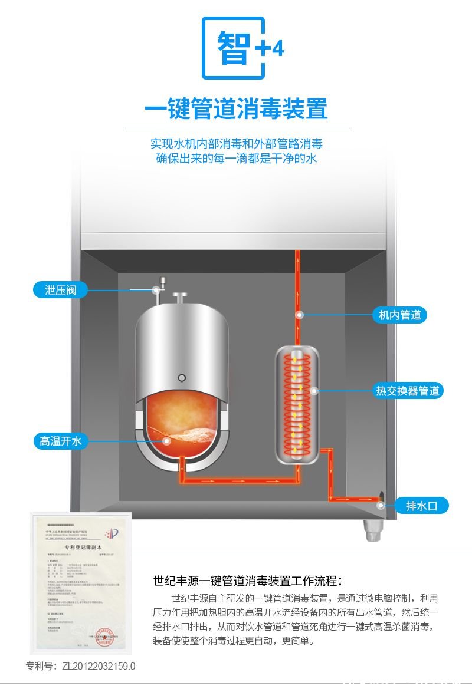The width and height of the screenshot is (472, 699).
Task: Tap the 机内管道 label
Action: (x=399, y=315)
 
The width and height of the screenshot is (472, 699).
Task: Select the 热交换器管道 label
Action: (x=407, y=391)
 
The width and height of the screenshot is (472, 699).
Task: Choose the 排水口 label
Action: (x=421, y=505)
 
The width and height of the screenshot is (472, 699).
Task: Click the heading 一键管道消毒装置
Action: (x=236, y=109)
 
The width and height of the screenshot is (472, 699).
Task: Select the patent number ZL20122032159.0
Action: (x=81, y=666)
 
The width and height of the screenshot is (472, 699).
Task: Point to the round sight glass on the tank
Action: (x=182, y=378)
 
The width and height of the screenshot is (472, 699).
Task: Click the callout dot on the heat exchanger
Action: (x=314, y=391)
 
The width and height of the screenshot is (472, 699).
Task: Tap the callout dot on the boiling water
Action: (x=167, y=440)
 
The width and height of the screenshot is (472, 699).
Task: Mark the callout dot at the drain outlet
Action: (x=382, y=505)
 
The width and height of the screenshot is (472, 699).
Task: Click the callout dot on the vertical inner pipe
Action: (x=300, y=315)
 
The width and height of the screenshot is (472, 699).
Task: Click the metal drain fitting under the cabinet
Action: (x=372, y=530)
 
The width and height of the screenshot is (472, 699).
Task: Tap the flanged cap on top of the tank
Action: (x=179, y=296)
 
